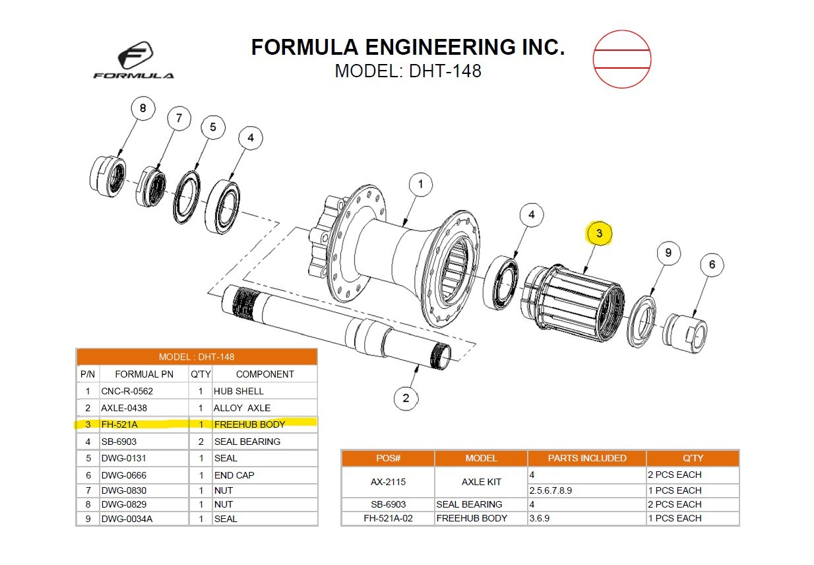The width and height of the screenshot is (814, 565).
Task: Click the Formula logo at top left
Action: (134, 61)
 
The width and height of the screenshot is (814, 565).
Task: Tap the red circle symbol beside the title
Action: (621, 59)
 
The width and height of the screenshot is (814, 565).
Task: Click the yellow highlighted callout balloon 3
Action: (599, 233)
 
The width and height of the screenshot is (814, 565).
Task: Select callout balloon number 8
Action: (142, 108)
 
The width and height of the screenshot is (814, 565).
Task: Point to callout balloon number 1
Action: (420, 184)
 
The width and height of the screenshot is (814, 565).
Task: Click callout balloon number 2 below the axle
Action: (406, 397)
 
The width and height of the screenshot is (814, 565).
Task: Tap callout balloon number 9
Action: (668, 253)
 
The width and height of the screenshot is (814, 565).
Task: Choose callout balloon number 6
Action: (712, 265)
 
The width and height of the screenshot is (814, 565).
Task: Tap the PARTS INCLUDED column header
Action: (586, 458)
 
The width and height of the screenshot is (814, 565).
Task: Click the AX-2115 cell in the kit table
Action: (388, 482)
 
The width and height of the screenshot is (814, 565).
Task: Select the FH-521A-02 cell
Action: (388, 518)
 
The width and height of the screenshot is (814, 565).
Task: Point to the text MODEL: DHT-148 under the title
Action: (408, 71)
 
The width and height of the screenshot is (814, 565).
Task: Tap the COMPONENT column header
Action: (264, 374)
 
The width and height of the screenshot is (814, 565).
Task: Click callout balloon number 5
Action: (212, 127)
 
